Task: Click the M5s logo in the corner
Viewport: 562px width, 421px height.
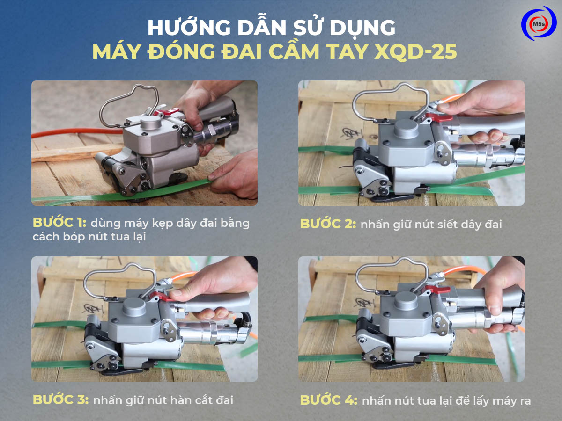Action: point(539,23)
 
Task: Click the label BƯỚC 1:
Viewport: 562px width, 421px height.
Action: point(59,223)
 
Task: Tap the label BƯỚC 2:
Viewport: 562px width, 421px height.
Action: point(328,224)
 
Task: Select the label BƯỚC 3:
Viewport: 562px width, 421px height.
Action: point(61,400)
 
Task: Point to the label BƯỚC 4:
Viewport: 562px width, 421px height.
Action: point(329,400)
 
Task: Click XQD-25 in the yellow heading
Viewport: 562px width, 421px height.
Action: point(415,52)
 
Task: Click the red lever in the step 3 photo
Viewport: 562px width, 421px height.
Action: point(161,297)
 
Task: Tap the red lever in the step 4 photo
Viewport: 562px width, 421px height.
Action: point(438,290)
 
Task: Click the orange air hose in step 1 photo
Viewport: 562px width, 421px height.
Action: point(77,132)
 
